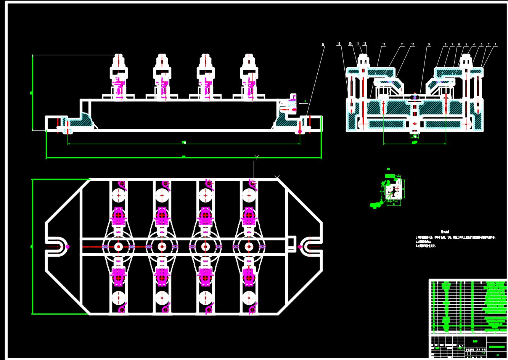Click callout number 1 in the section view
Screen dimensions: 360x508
click(x=496, y=44)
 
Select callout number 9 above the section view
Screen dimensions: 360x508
click(x=429, y=45)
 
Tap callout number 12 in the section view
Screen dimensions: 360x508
click(x=384, y=45)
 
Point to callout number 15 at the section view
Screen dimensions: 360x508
click(x=350, y=44)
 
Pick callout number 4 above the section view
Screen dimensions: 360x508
click(x=474, y=44)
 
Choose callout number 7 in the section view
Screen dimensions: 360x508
click(x=452, y=44)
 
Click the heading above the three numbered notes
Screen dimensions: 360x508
click(x=445, y=231)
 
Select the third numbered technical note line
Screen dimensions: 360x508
click(x=425, y=246)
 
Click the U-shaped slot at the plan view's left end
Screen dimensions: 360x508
click(x=57, y=247)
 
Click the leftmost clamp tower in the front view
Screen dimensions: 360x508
click(x=119, y=76)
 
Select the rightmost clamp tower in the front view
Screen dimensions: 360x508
click(x=249, y=76)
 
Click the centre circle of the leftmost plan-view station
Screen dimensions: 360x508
click(x=119, y=247)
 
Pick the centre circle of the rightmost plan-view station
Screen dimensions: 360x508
click(x=249, y=247)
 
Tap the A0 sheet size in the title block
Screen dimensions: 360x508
click(x=497, y=355)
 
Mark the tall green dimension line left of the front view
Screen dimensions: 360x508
click(x=33, y=93)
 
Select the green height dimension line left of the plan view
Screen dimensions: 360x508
click(x=32, y=247)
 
